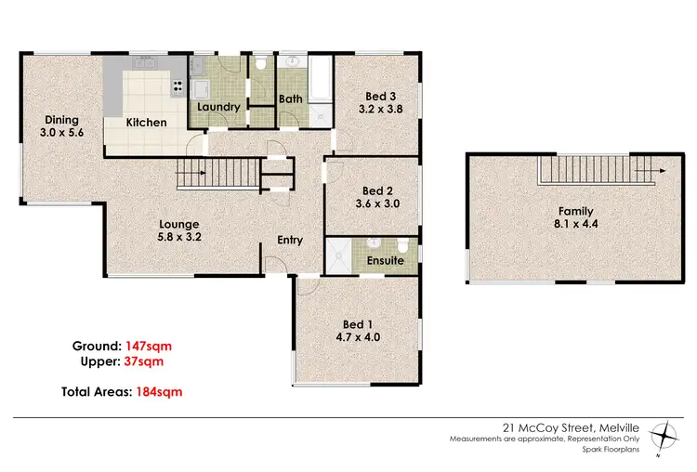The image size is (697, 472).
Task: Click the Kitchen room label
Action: (x=147, y=123)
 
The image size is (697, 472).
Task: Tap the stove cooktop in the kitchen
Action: (x=176, y=87)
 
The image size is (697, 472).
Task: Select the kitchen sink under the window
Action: (x=147, y=64)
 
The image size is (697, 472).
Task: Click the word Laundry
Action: (x=217, y=107)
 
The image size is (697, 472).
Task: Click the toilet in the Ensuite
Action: (x=401, y=245)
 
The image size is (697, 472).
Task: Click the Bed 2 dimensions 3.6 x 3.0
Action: (x=377, y=205)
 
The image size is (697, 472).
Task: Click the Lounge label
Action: (x=179, y=224)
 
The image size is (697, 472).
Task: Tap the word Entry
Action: (x=290, y=240)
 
